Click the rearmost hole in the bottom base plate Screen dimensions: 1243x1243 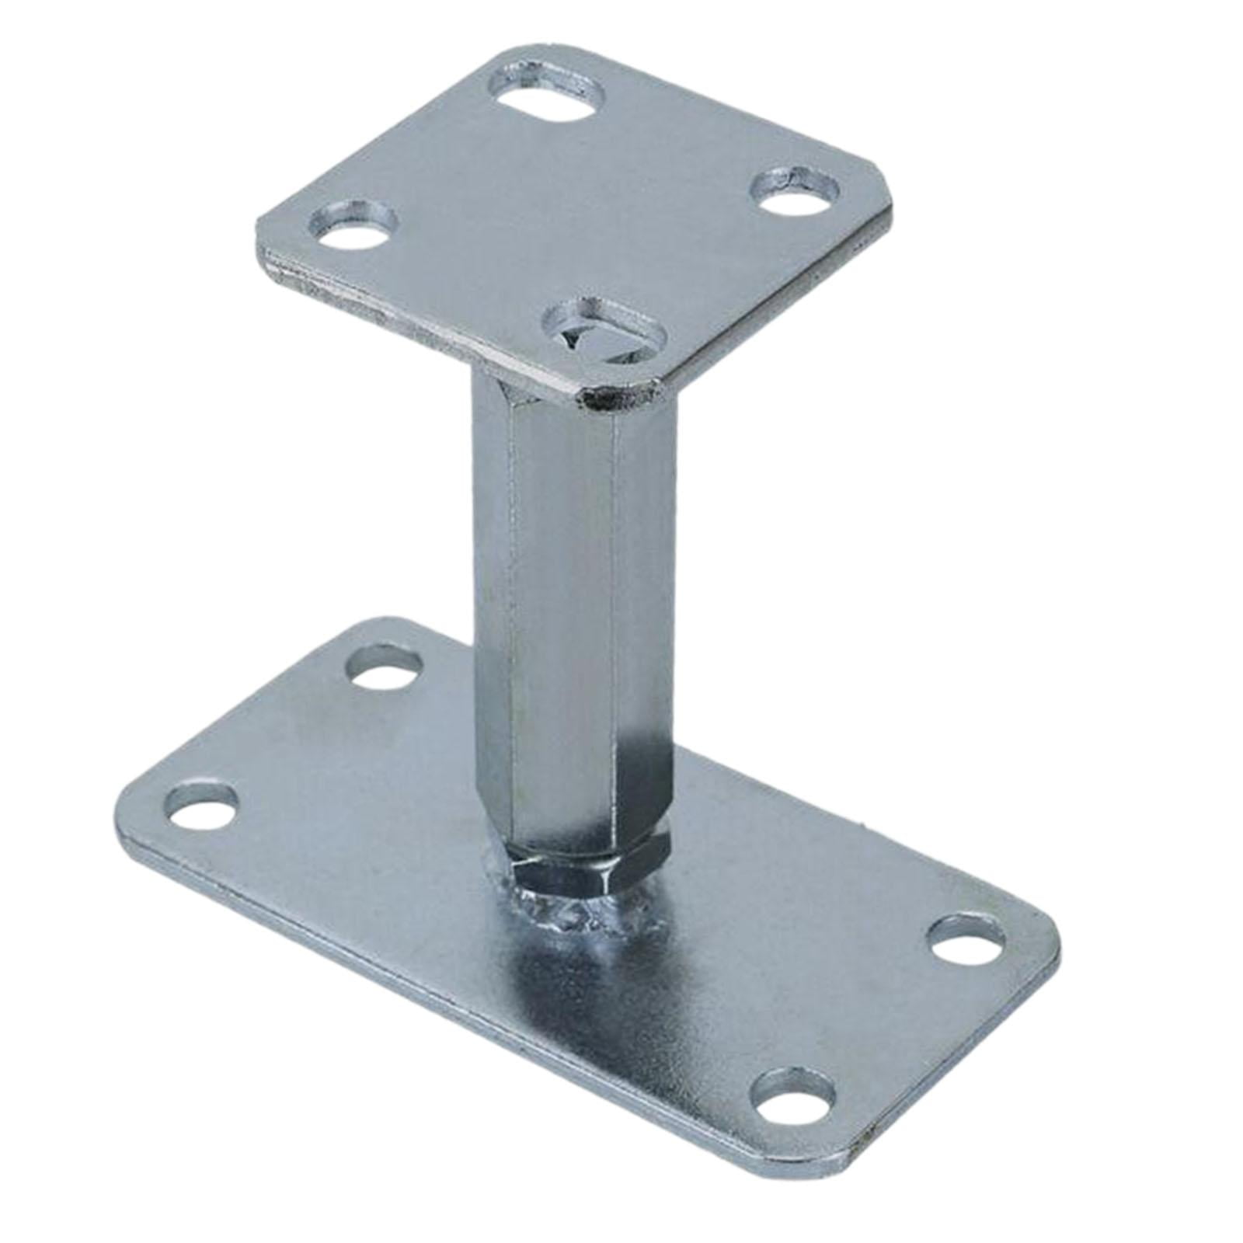[386, 667]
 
